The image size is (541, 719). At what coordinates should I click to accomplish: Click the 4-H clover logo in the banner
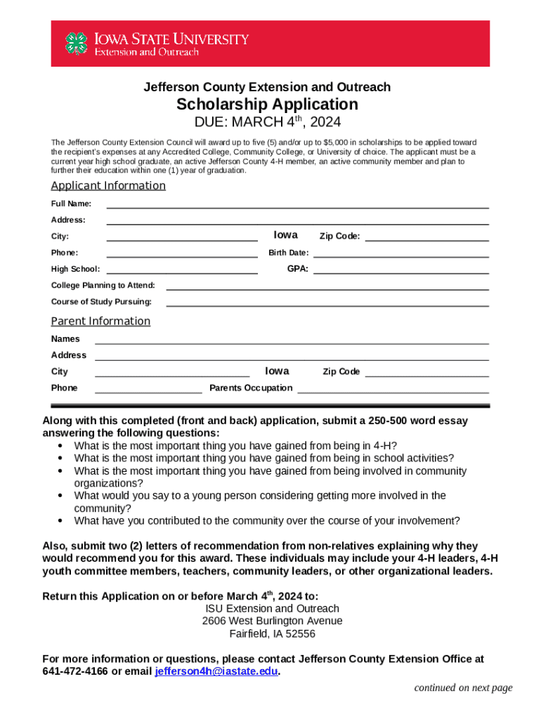[77, 44]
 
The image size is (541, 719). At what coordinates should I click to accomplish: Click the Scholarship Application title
[267, 105]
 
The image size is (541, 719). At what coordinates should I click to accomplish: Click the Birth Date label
[288, 253]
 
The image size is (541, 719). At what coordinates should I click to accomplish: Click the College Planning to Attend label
[103, 286]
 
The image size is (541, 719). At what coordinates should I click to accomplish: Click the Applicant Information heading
[108, 186]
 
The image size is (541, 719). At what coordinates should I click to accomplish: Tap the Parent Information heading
[100, 322]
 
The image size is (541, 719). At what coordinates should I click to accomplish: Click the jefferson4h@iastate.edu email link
[216, 672]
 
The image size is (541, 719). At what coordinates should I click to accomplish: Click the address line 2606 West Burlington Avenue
[272, 621]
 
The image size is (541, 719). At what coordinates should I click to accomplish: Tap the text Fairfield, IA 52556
[272, 634]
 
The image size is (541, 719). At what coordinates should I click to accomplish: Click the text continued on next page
[463, 688]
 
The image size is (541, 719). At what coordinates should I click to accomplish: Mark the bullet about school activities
[263, 459]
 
